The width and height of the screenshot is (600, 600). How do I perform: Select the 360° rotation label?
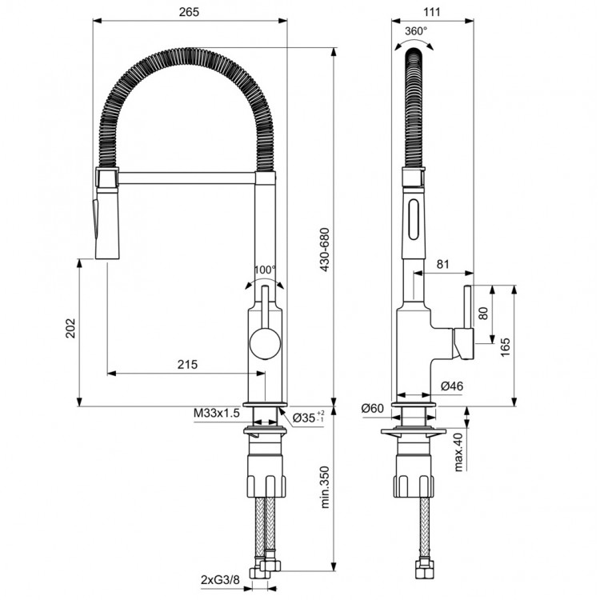[416, 31]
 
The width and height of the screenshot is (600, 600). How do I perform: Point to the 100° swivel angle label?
[265, 270]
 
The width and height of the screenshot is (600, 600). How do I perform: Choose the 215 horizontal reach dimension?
[186, 364]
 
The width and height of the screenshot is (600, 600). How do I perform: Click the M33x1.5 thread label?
[216, 413]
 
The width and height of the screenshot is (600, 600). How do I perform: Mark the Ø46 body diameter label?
[452, 386]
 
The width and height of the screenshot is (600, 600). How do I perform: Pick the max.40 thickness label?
[459, 453]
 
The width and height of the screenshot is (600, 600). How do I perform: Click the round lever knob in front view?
[264, 345]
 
